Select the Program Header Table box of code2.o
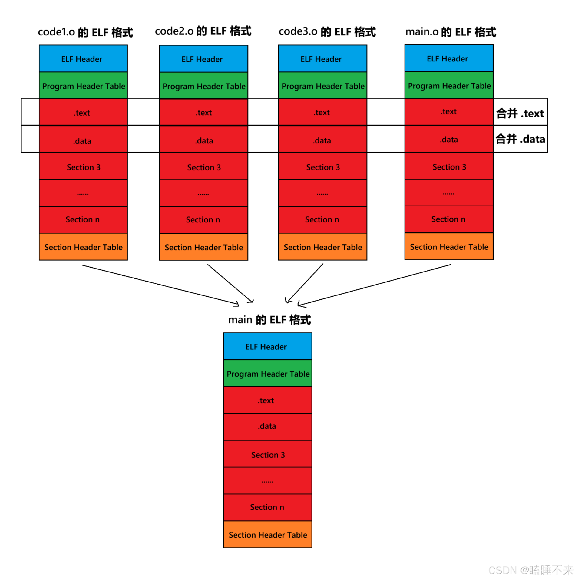(x=203, y=86)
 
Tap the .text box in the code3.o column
(x=322, y=112)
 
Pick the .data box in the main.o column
(x=449, y=139)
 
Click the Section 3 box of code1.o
(x=83, y=167)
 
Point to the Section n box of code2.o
(x=203, y=219)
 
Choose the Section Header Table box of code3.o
(x=322, y=247)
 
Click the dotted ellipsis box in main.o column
(x=449, y=193)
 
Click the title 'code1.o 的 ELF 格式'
(x=85, y=32)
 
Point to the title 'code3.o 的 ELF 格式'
(x=327, y=31)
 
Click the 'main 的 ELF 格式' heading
(x=269, y=319)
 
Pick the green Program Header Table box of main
(x=267, y=373)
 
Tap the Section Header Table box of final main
(x=267, y=534)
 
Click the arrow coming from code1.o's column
(x=160, y=284)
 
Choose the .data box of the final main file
(x=267, y=426)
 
